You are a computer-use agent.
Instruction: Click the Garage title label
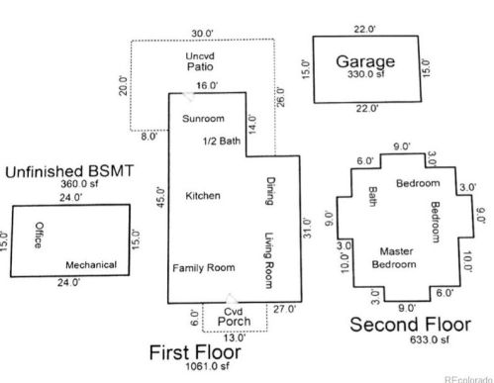tap(365, 61)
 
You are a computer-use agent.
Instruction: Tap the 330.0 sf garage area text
tap(366, 74)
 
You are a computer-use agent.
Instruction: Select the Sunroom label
tap(203, 119)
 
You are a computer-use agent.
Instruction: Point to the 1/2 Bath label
tap(222, 142)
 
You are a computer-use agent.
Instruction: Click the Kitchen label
tap(203, 196)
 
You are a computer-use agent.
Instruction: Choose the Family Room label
tap(204, 268)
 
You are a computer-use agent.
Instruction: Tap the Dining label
tap(270, 191)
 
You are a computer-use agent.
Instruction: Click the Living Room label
tap(269, 260)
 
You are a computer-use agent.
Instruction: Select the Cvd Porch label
tap(234, 317)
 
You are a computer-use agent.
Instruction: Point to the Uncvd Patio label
tap(200, 61)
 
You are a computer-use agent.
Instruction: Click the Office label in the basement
tap(40, 235)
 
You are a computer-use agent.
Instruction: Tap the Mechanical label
tap(91, 265)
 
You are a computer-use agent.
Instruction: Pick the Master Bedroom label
tap(395, 258)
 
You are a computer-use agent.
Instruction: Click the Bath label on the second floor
tap(373, 197)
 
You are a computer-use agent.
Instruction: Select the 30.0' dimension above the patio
tap(202, 34)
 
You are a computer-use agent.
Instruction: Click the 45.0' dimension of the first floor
tap(160, 197)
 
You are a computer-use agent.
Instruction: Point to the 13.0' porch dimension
tap(235, 337)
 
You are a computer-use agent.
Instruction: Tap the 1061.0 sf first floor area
tap(207, 366)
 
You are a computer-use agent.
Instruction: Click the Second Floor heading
tap(410, 325)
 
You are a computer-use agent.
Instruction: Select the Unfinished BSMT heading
tap(69, 171)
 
